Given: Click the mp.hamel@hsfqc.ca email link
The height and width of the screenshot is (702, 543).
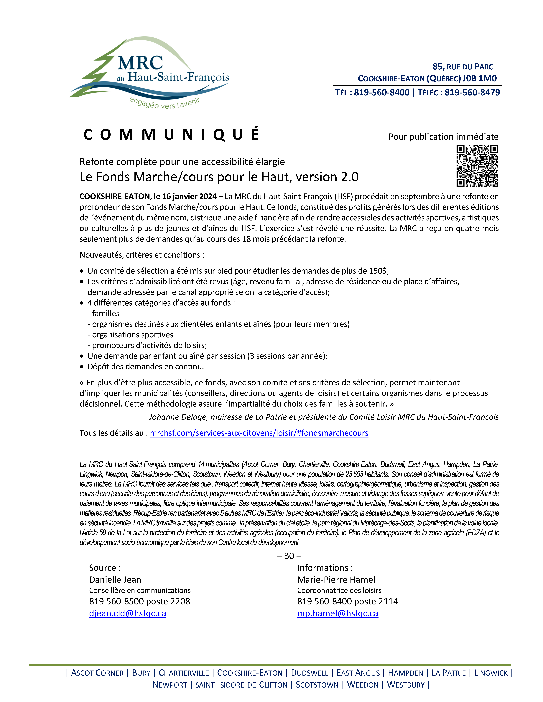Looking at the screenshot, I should click(337, 613).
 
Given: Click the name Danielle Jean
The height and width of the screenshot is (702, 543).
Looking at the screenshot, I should click(115, 580).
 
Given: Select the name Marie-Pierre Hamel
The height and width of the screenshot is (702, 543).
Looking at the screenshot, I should click(336, 580).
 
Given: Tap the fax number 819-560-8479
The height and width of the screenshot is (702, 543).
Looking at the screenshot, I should click(472, 93).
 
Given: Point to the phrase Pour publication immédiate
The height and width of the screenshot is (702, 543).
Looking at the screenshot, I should click(443, 137).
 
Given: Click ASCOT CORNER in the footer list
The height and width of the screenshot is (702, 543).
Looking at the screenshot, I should click(97, 673).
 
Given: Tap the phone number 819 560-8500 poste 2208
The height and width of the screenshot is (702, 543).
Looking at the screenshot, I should click(140, 601).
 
